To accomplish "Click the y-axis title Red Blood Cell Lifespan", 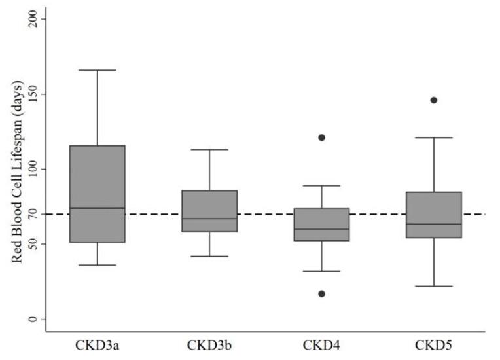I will (18, 172).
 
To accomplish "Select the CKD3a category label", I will (98, 344).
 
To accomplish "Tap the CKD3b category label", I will (209, 344).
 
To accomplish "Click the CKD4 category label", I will (322, 344).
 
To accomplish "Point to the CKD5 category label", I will (434, 344).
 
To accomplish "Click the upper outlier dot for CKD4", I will (321, 137).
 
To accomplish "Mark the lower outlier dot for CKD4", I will (321, 293).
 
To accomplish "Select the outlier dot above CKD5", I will (433, 100).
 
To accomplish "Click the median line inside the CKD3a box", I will (98, 208).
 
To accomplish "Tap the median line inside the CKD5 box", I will (433, 224).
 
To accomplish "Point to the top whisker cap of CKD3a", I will (98, 70).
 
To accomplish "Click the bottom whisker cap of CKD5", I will (433, 286).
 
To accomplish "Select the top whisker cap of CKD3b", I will (209, 150).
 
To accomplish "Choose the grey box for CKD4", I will (321, 225).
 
